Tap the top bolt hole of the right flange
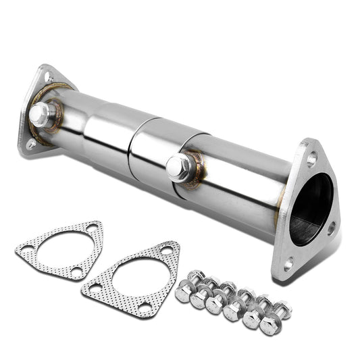(x=311, y=159)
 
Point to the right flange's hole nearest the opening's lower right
(x=331, y=228)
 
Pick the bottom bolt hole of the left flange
(x=31, y=143)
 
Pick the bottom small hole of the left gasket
(x=76, y=272)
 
